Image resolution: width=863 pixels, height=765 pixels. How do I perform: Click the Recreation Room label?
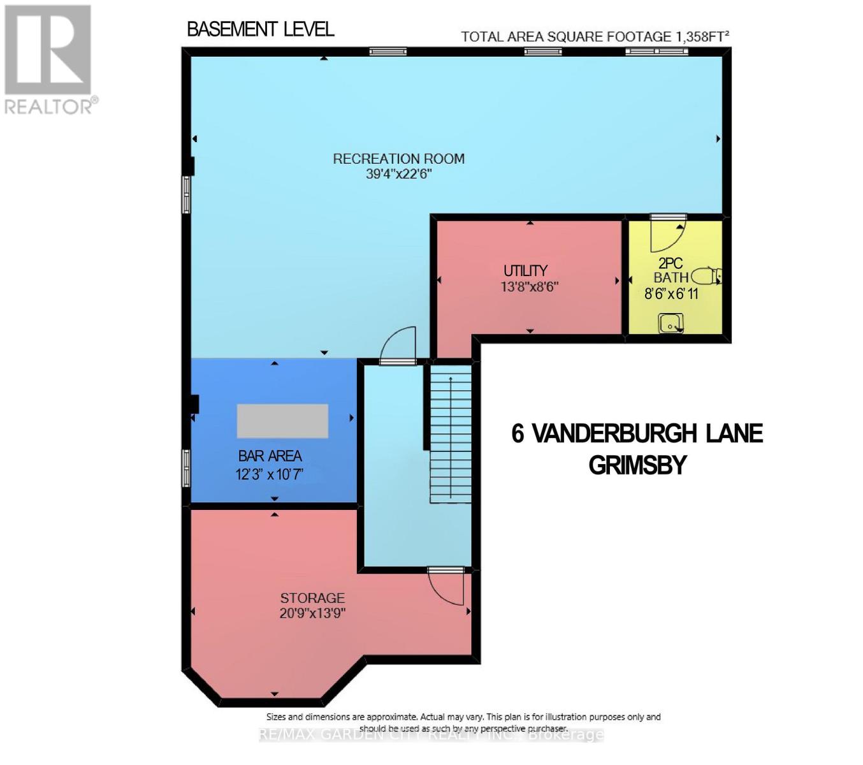[398, 159]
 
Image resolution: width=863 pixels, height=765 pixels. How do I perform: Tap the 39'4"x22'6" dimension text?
[398, 174]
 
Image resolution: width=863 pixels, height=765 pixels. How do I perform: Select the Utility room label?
[525, 270]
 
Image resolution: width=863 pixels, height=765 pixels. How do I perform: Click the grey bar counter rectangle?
[282, 421]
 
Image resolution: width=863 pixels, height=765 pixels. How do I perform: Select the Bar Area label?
[270, 456]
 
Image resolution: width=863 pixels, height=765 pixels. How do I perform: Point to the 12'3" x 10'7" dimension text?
[270, 474]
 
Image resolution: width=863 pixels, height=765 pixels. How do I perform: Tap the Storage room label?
[312, 598]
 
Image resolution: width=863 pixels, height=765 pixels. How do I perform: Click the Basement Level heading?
[260, 29]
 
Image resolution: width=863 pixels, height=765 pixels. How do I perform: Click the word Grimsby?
[637, 465]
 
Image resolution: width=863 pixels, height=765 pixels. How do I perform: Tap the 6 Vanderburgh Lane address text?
[637, 433]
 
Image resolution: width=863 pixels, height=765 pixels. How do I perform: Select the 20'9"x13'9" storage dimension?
[312, 613]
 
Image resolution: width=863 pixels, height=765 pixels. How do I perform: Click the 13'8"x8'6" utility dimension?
[529, 287]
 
